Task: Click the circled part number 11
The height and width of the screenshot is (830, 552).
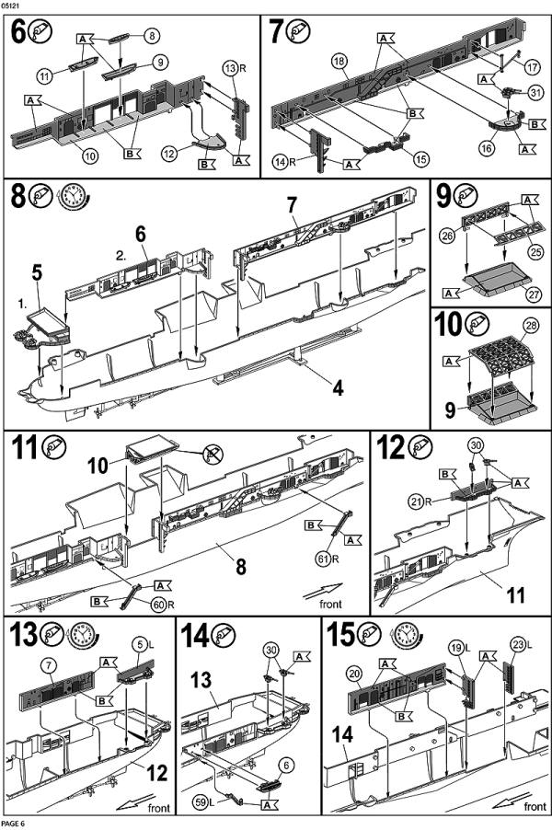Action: click(x=45, y=75)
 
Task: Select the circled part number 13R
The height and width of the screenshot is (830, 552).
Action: click(x=231, y=68)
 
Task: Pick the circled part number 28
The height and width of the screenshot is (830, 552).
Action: click(x=531, y=327)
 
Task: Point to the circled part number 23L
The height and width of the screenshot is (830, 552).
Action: click(x=518, y=644)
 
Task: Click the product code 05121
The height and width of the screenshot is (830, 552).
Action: click(x=14, y=6)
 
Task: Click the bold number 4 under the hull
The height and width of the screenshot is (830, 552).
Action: click(x=339, y=388)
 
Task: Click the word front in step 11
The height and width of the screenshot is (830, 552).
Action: click(x=331, y=605)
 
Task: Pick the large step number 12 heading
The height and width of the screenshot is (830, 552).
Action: click(x=389, y=448)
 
